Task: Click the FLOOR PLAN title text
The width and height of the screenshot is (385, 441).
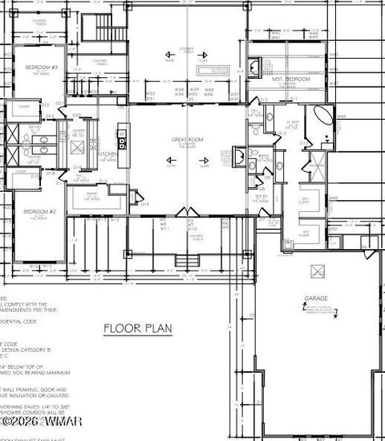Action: tap(140, 328)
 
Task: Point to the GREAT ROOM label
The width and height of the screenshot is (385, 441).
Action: tap(188, 140)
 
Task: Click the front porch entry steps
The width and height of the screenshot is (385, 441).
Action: tap(188, 261)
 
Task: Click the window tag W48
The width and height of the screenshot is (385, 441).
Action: tap(341, 116)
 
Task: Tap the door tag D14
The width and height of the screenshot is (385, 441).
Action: tap(145, 204)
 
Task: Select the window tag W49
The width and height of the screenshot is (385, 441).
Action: tap(334, 198)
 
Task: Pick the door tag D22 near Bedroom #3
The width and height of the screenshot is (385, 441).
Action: tap(46, 105)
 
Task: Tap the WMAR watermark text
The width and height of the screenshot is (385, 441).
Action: tap(40, 421)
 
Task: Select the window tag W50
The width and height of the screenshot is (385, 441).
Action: tap(333, 228)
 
